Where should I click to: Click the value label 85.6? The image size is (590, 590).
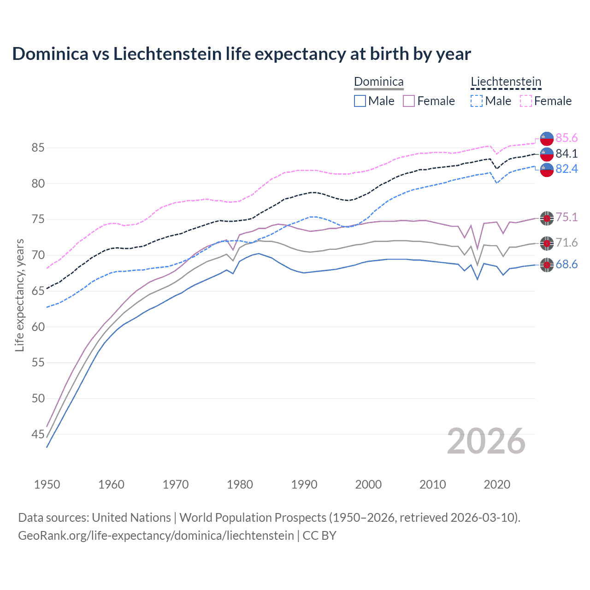point(566,138)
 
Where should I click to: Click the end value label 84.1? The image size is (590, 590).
point(566,153)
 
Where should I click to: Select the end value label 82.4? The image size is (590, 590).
point(566,169)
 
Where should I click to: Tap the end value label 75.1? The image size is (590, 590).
point(566,218)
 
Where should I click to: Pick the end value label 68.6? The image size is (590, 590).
point(566,265)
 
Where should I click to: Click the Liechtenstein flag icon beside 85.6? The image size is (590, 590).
point(547,138)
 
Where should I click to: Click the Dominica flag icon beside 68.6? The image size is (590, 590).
point(547,265)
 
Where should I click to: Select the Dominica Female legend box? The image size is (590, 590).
point(409,101)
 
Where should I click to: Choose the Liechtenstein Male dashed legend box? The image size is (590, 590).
point(477,101)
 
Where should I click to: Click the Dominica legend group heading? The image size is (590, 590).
point(378,82)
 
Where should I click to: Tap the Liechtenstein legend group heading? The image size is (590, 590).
point(506,82)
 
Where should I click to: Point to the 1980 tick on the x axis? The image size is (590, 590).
point(240,484)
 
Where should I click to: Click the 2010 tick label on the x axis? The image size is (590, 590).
point(432,484)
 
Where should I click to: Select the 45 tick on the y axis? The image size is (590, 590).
point(38,434)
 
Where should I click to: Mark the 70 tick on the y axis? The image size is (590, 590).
point(38,255)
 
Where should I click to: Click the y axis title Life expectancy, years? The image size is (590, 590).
point(20,295)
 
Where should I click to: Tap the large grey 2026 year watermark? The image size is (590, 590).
point(486,442)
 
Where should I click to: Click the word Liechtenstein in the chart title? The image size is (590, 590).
point(167,54)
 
